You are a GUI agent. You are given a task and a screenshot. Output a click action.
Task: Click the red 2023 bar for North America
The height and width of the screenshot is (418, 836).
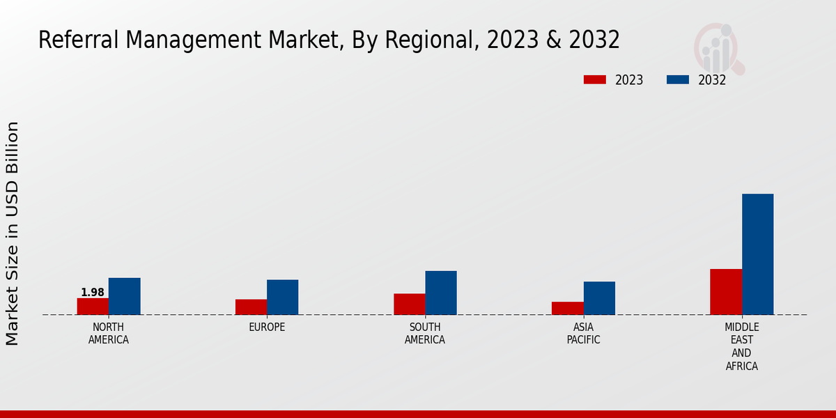pos(93,307)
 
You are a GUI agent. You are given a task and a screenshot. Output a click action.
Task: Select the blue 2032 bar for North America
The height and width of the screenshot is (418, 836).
pos(124,296)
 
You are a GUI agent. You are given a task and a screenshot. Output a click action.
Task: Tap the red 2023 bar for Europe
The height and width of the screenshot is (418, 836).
pos(251,307)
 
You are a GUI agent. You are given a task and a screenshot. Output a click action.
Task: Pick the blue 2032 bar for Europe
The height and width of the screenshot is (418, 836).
pos(282,297)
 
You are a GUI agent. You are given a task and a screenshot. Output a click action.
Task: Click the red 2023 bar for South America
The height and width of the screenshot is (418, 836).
pos(409,304)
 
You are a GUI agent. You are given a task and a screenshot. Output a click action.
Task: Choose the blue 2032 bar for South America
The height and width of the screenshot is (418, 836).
pos(441,293)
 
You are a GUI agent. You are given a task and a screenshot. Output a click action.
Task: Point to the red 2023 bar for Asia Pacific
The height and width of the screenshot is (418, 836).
pos(567,308)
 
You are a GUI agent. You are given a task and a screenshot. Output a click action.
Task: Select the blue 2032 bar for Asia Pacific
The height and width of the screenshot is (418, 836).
pos(599,298)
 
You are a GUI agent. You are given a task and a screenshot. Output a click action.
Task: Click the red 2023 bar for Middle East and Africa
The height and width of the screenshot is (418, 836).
pos(726,292)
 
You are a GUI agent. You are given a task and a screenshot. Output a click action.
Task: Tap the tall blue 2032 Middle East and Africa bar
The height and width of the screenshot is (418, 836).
pos(757,254)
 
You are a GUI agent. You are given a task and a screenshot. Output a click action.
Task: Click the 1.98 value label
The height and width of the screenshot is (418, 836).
pos(93,293)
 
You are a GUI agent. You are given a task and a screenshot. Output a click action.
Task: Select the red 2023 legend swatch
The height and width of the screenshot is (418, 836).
pos(594,80)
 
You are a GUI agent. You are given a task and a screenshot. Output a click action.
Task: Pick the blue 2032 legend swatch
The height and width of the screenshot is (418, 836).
pos(677,80)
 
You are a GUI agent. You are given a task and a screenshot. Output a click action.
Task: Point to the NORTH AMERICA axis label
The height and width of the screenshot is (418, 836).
pos(109,334)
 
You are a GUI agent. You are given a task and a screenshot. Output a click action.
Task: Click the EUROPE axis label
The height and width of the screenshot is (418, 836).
pos(267,327)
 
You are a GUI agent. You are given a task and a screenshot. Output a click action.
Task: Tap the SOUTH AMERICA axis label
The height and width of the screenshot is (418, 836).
pos(425,334)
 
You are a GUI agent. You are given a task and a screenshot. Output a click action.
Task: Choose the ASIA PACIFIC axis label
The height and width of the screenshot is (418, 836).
pos(583,334)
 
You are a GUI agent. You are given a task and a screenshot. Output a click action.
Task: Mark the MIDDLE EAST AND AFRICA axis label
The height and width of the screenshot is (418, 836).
pos(742,346)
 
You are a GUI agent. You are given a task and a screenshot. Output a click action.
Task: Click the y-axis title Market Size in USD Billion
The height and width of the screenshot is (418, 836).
pos(13,233)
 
